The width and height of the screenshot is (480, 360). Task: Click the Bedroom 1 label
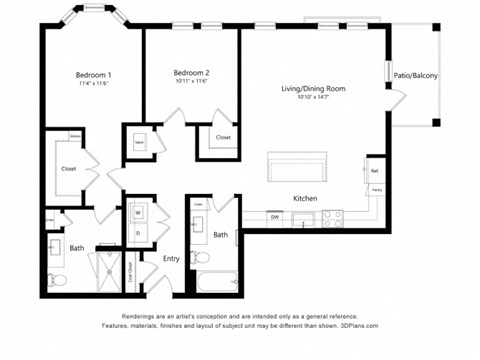tap(94, 75)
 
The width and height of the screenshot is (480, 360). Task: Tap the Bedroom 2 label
tap(191, 72)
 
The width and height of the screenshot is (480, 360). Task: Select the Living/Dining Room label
tap(313, 89)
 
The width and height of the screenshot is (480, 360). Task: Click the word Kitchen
tap(305, 199)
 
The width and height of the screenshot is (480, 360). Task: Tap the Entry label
tap(171, 259)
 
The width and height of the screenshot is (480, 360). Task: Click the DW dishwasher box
tap(274, 216)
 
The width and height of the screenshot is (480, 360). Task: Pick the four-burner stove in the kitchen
tap(333, 215)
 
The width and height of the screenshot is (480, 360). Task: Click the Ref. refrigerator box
tap(375, 170)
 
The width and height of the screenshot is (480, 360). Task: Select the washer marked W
tap(138, 212)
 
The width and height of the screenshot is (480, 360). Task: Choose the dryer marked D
tap(138, 233)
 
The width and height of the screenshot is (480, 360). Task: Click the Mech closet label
tap(138, 142)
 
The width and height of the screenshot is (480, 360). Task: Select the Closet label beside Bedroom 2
tap(223, 137)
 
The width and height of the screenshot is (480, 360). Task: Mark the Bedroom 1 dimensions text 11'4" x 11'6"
tap(94, 86)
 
